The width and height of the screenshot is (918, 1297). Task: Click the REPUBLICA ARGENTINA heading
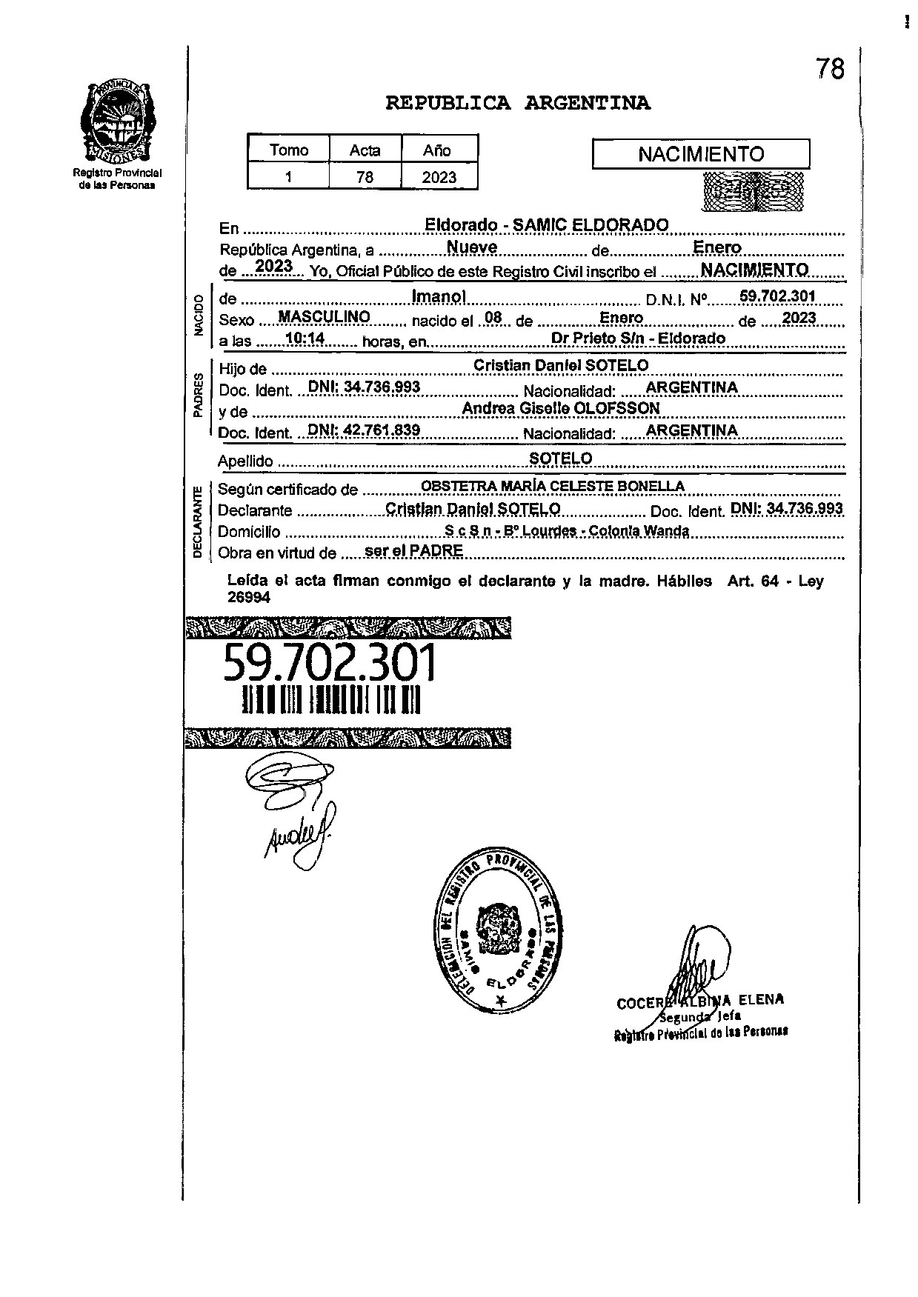click(518, 104)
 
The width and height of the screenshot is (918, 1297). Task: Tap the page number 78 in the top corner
click(830, 69)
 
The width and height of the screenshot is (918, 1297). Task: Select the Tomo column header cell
click(289, 150)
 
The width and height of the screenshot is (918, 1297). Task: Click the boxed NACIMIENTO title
click(700, 154)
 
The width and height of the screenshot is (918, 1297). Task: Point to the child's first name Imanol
click(439, 297)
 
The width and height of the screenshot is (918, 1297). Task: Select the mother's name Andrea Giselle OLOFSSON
click(560, 408)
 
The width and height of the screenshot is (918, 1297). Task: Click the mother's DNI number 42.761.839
click(364, 430)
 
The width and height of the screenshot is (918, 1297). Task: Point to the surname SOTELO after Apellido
click(560, 459)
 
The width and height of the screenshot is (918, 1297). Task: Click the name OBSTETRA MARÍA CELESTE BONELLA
click(552, 487)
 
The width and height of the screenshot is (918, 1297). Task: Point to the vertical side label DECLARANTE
click(198, 522)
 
